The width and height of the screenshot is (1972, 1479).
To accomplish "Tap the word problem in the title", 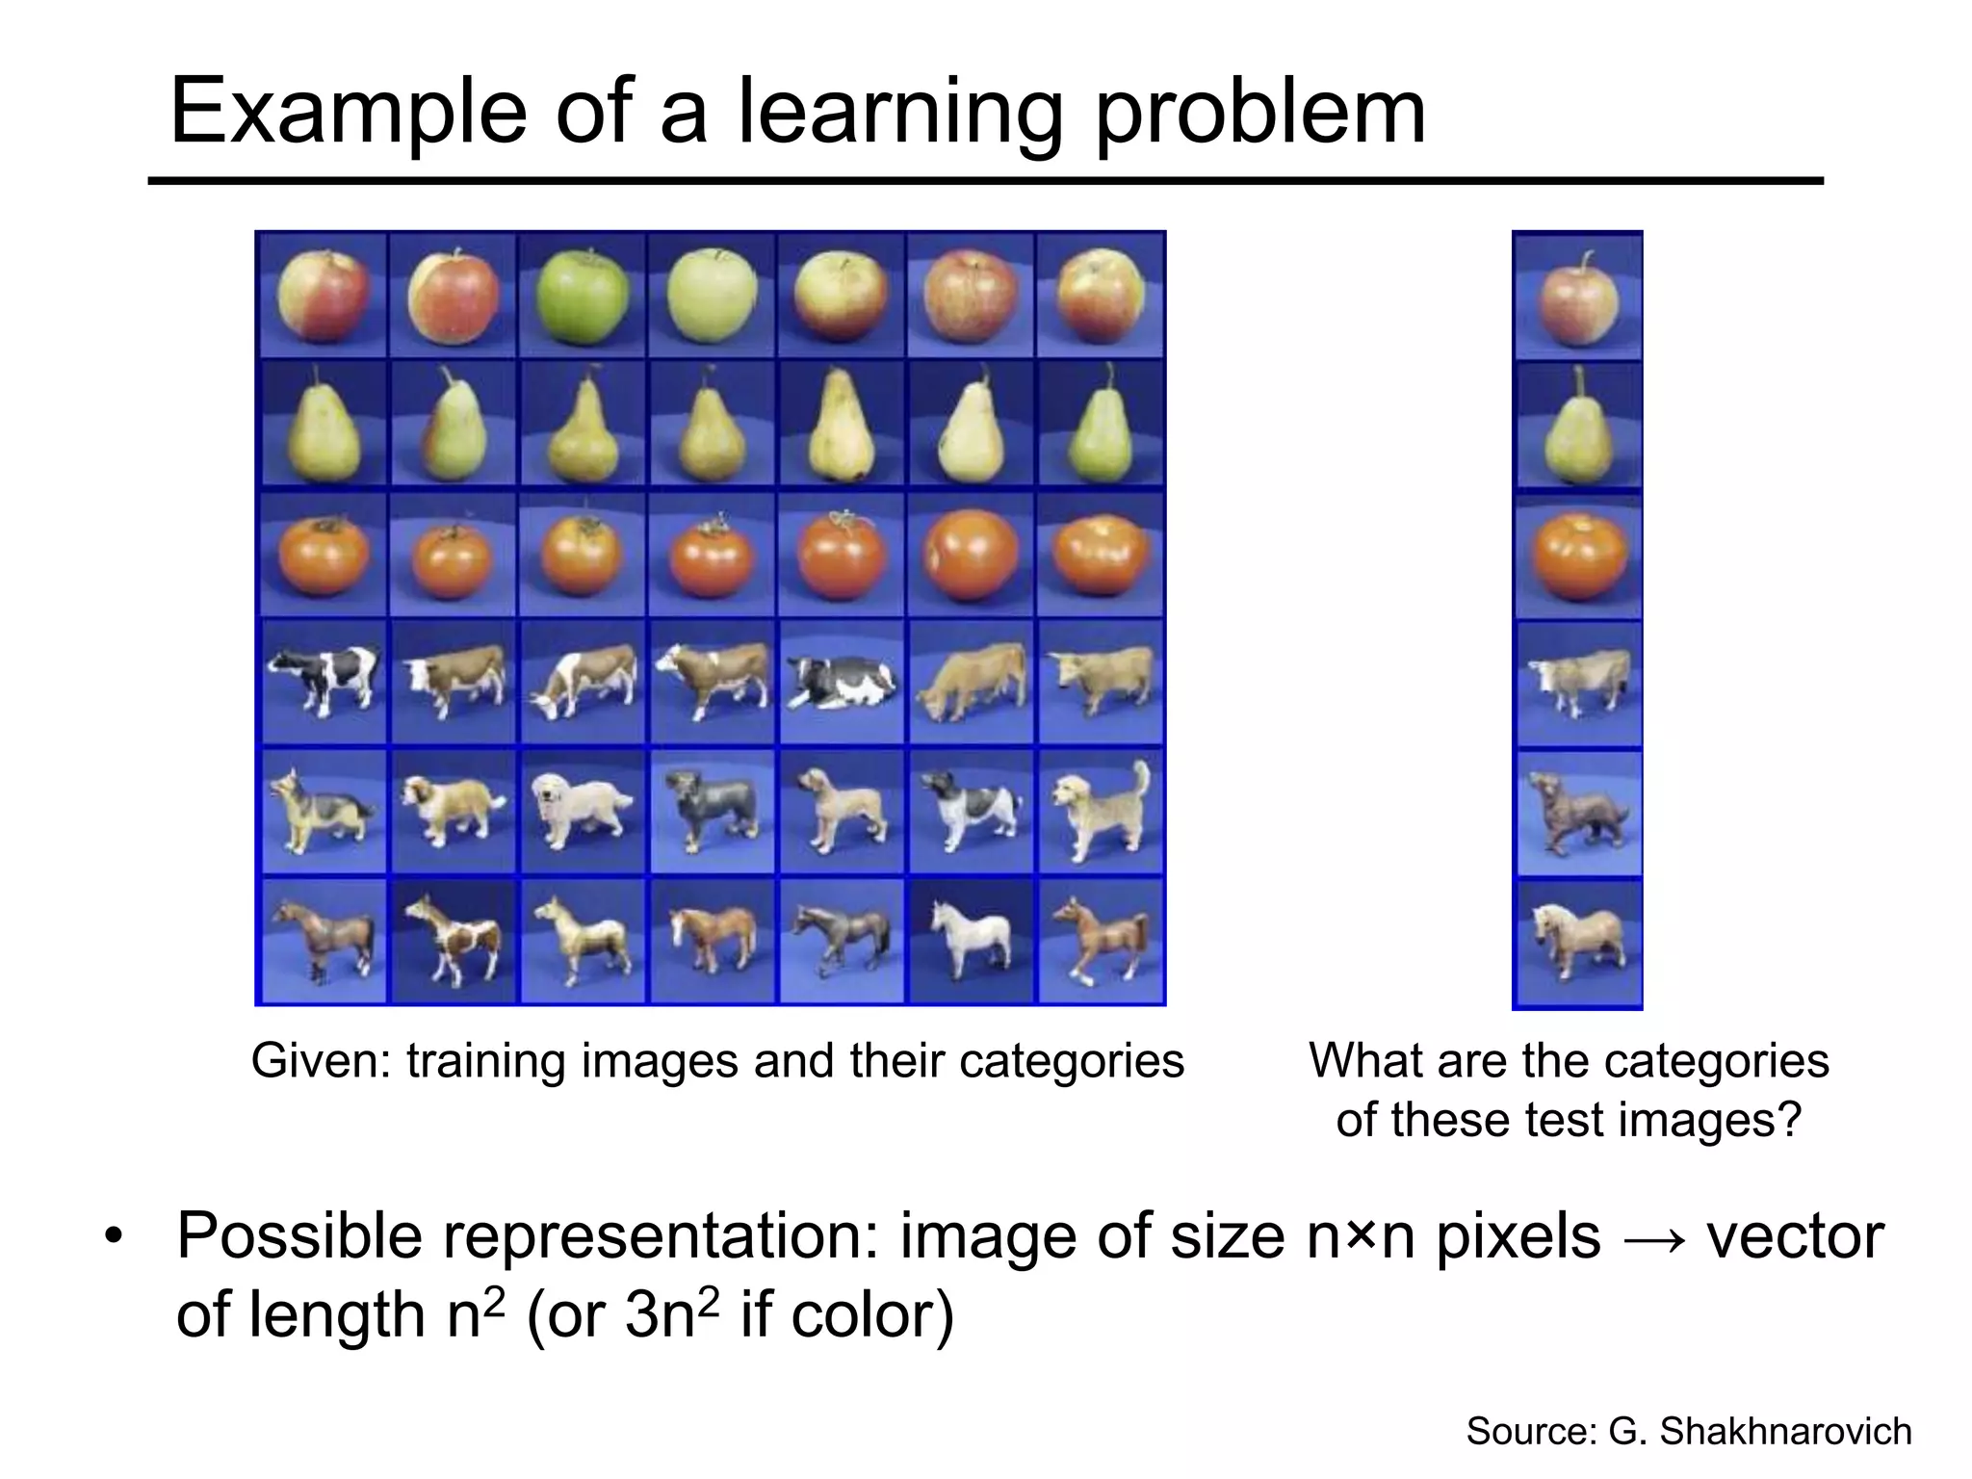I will coord(1260,113).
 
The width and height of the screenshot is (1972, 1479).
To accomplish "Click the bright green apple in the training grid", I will coord(582,293).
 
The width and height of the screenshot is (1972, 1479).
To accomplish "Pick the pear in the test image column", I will coord(1576,428).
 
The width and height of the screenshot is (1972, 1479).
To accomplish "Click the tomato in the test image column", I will coord(1576,558).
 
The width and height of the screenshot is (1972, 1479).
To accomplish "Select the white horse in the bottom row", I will coord(971,938).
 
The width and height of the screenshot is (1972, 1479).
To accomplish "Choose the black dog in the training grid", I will coord(711,811).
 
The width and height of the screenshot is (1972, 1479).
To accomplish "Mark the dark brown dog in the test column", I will coord(1576,813).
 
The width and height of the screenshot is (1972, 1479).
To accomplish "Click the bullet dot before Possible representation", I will coord(115,1238).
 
